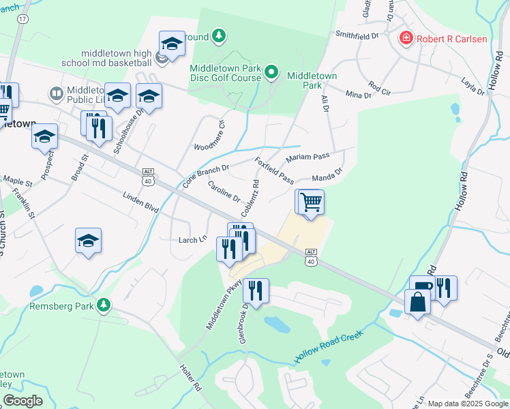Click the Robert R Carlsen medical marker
coord(406,38)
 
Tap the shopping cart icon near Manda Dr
coord(311,202)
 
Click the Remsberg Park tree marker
coord(104,305)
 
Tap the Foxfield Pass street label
coord(274,171)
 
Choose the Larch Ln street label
coord(192,239)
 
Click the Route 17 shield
coord(22,19)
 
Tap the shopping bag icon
coord(417,301)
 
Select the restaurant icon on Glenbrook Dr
coord(256,291)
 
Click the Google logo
coord(22,401)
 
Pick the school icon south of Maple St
coord(89,241)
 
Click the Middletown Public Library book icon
coord(56,93)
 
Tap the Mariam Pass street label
coord(308,157)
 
